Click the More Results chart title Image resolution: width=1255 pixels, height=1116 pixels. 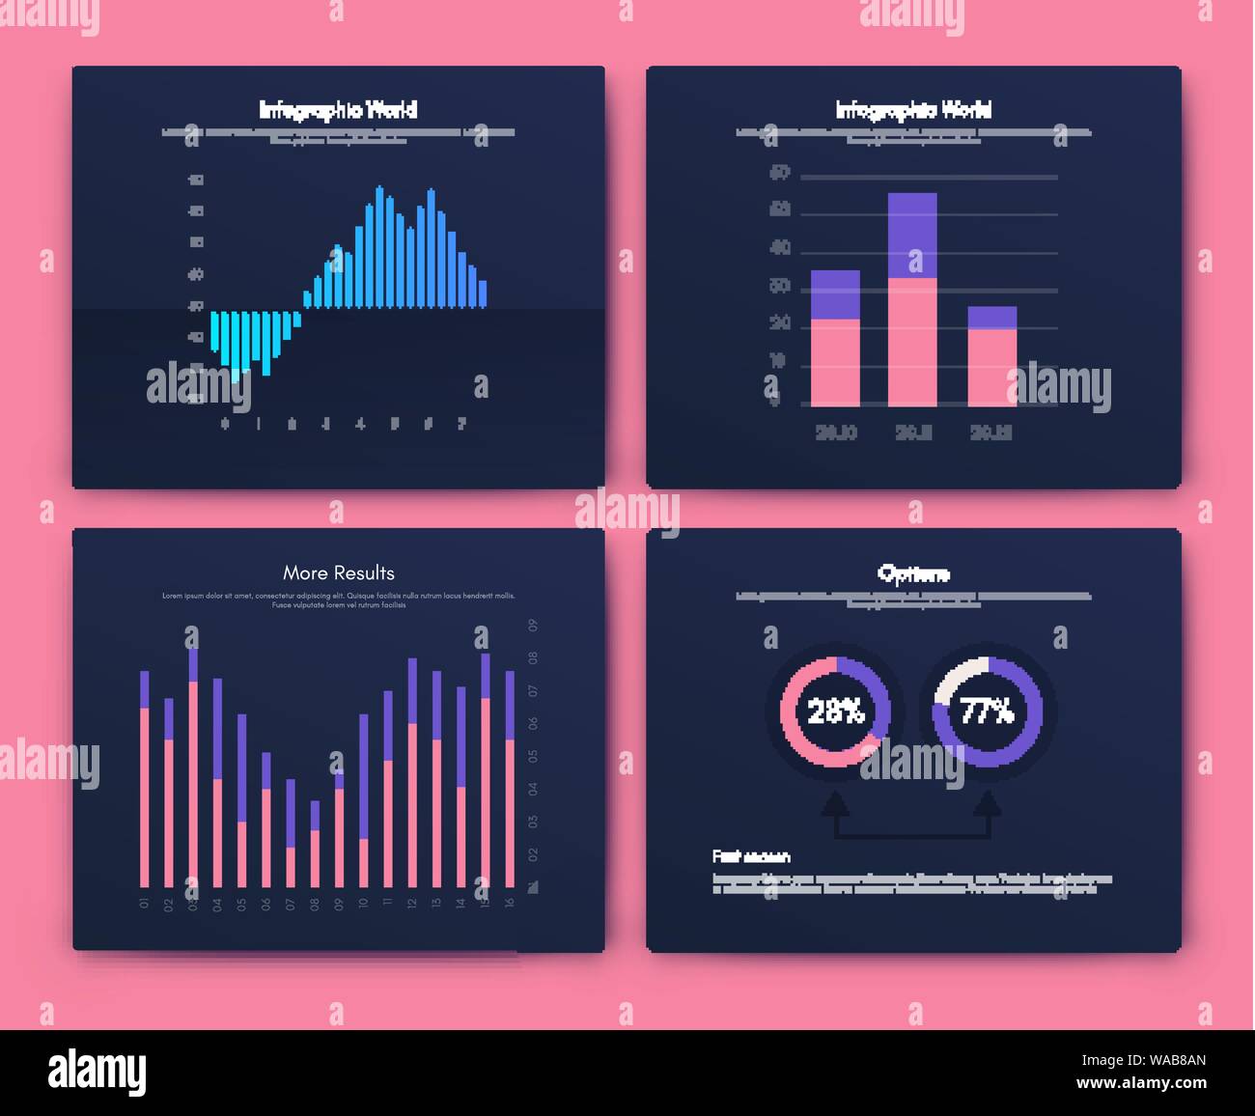(x=338, y=572)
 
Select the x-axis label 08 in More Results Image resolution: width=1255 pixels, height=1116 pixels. (x=314, y=905)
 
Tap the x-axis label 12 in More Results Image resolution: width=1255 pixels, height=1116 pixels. (x=412, y=905)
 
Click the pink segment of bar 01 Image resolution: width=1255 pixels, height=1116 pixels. (x=145, y=796)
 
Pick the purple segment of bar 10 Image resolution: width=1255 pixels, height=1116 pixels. (x=363, y=776)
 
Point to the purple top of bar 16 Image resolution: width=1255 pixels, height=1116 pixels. (x=510, y=705)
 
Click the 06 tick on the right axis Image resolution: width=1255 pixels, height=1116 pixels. (x=534, y=723)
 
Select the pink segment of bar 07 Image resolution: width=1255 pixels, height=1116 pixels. (x=291, y=867)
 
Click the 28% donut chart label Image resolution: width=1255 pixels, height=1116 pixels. (x=835, y=712)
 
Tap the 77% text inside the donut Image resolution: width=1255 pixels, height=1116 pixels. (x=987, y=712)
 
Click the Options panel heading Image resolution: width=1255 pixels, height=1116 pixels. (x=913, y=573)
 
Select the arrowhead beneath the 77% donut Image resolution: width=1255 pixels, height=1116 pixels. (x=987, y=803)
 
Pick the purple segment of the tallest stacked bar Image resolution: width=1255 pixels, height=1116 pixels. (x=912, y=235)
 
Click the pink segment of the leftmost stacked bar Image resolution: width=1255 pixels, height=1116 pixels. (x=835, y=362)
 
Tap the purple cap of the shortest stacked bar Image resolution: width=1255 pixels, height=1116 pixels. (x=992, y=318)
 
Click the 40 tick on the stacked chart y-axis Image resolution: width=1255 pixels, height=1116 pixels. (x=780, y=248)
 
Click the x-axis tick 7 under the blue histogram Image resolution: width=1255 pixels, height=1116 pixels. (x=461, y=423)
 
